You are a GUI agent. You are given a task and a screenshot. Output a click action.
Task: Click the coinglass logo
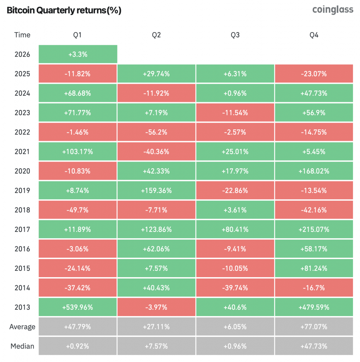(332, 10)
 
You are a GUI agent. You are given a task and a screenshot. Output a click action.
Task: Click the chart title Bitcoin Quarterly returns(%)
(64, 10)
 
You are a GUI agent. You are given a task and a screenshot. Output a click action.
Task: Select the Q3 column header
(235, 35)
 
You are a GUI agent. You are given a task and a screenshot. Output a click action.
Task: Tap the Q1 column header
(77, 35)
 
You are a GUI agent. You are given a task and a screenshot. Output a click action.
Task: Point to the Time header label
(22, 35)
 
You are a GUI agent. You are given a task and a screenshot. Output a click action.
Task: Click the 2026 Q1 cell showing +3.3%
(77, 54)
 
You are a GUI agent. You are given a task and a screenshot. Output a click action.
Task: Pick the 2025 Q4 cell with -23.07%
(314, 74)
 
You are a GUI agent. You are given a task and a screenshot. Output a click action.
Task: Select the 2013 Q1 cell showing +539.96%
(77, 307)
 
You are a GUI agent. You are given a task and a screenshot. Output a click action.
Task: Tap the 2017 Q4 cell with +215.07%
(314, 229)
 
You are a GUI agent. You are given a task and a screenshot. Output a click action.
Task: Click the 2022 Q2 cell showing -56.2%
(156, 132)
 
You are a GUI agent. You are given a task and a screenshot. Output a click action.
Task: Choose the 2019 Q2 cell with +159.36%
(156, 191)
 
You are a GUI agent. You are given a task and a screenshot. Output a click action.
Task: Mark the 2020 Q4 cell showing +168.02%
(314, 171)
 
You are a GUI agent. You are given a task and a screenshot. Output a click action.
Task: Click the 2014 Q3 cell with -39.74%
(235, 288)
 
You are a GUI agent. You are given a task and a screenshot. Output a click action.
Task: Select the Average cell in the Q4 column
(314, 327)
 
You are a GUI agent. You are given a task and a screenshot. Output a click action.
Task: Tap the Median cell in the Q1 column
(77, 346)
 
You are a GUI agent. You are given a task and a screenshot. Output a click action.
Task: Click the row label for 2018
(22, 210)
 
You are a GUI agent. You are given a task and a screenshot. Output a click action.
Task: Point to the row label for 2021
(22, 152)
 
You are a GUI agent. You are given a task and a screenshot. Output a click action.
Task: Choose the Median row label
(22, 346)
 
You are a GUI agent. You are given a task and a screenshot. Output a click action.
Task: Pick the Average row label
(22, 327)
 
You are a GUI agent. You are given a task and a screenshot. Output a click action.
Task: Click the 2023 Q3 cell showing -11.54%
(235, 113)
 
